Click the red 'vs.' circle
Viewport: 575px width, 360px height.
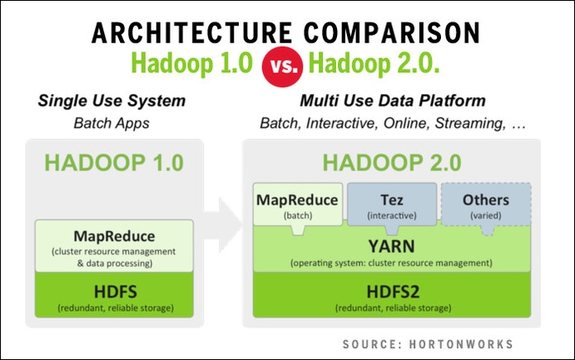(282, 67)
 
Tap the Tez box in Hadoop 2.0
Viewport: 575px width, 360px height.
(392, 205)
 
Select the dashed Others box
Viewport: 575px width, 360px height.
(486, 205)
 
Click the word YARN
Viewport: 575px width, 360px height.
(392, 246)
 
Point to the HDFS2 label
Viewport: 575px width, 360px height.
(393, 292)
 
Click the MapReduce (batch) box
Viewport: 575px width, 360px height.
(298, 205)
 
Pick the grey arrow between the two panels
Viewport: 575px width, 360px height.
(222, 224)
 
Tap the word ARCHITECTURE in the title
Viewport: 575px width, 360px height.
(191, 32)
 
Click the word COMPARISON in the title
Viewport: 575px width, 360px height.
(392, 32)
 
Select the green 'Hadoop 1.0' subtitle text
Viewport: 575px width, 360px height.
(191, 64)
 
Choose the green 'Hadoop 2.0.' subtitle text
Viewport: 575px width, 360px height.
(374, 64)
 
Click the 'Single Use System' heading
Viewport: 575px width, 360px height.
(112, 101)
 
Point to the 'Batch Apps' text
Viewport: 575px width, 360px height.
(112, 123)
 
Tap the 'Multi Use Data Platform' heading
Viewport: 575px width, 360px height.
(393, 101)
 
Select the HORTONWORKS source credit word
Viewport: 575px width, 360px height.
(461, 344)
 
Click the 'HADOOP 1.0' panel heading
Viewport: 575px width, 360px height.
(114, 163)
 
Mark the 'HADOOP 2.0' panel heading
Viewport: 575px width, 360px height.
(392, 163)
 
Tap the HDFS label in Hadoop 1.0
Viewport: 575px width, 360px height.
(115, 292)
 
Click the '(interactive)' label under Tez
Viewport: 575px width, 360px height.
(392, 215)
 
